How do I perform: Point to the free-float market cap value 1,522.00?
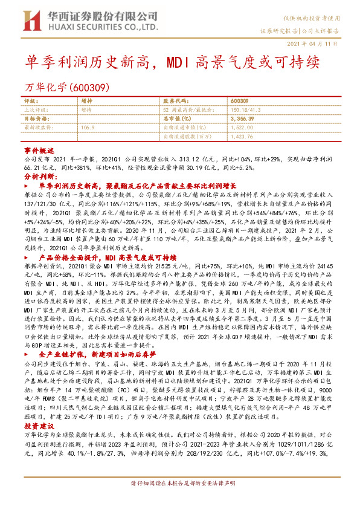pyautogui.click(x=241, y=128)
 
